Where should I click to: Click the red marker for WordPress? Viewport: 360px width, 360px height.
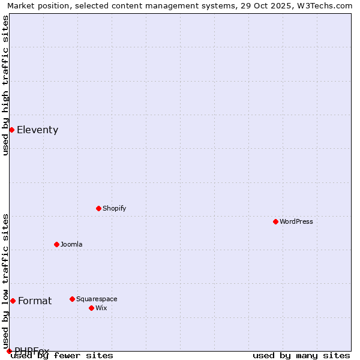tap(275, 221)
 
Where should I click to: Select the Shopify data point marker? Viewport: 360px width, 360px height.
tap(98, 208)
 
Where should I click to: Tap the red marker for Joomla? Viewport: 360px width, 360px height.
tap(56, 244)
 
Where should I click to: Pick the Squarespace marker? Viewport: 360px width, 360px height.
tap(72, 299)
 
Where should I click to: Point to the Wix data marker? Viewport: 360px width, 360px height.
tap(91, 308)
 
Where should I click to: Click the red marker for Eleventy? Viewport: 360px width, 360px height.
tap(11, 130)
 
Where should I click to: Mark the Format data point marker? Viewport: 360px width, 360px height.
tap(13, 301)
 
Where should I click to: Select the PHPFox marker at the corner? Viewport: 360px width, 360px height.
tap(9, 351)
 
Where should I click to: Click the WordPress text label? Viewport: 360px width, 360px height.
tap(296, 221)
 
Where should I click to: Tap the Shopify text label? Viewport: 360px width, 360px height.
tap(115, 208)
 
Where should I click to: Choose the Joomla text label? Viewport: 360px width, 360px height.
tap(71, 244)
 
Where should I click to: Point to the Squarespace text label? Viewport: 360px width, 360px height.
tap(97, 299)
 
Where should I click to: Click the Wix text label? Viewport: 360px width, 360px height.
tap(101, 308)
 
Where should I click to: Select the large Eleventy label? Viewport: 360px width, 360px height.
tap(37, 130)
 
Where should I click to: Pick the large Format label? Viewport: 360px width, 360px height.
tap(35, 301)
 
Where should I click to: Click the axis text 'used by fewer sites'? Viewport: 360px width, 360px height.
tap(62, 356)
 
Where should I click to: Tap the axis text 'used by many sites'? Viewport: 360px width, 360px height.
tap(301, 356)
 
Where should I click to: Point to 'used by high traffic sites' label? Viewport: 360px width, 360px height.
tap(5, 85)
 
